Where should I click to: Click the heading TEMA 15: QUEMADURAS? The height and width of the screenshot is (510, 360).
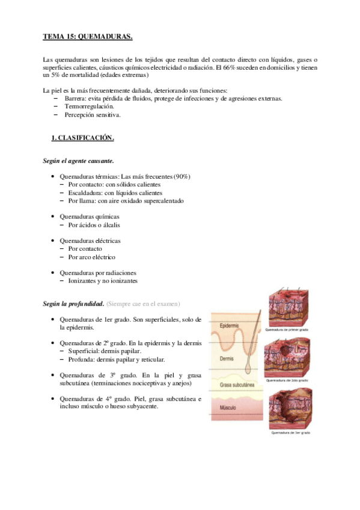(x=87, y=37)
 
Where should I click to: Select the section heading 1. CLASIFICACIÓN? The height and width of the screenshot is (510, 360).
(x=82, y=138)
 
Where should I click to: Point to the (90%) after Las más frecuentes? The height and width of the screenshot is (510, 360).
(x=181, y=176)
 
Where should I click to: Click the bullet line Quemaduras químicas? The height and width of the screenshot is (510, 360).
(x=89, y=217)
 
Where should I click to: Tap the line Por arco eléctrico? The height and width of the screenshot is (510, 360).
(x=91, y=257)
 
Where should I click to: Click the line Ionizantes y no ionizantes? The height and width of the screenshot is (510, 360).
(x=103, y=281)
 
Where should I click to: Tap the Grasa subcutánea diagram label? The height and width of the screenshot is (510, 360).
(x=237, y=384)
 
